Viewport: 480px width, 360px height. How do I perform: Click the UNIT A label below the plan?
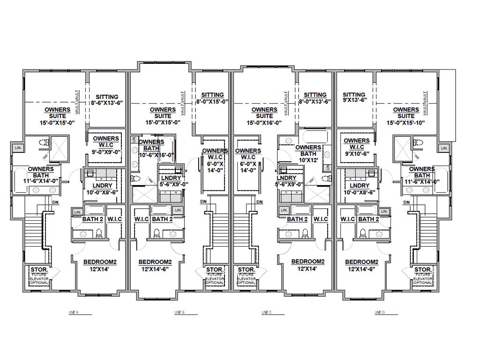[73, 312]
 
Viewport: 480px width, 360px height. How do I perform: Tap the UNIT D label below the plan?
[379, 312]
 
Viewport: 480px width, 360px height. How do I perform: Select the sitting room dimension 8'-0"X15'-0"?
[212, 101]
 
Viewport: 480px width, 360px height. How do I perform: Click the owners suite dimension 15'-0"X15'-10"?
[406, 122]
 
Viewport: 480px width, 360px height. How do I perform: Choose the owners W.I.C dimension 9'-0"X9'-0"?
[106, 152]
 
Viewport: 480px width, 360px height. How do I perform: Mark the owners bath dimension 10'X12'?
[308, 160]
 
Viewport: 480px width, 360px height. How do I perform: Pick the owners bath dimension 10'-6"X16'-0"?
[157, 155]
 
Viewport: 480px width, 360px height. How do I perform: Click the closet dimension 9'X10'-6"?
[357, 153]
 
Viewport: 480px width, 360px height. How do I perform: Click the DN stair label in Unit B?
[203, 202]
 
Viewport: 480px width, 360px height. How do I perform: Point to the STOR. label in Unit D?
[422, 270]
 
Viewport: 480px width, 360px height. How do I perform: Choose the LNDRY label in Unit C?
[286, 178]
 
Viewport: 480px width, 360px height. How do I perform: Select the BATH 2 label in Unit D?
[368, 219]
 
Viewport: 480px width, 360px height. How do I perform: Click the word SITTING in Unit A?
[106, 97]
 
